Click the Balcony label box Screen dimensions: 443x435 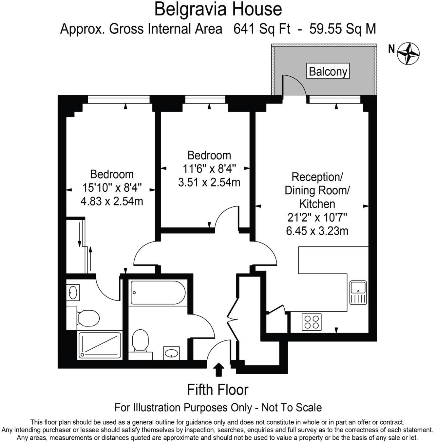pyautogui.click(x=328, y=71)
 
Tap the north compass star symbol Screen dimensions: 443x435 pyautogui.click(x=408, y=53)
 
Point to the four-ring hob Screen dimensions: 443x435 pyautogui.click(x=312, y=322)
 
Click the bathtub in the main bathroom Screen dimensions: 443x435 pyautogui.click(x=158, y=293)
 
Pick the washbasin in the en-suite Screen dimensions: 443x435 pyautogui.click(x=73, y=292)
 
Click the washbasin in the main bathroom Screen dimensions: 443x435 pyautogui.click(x=171, y=353)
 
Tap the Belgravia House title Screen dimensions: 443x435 pyautogui.click(x=218, y=9)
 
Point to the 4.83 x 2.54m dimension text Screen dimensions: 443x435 pyautogui.click(x=112, y=201)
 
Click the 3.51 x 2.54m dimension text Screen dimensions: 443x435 pyautogui.click(x=209, y=182)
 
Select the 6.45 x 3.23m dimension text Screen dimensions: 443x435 pyautogui.click(x=317, y=231)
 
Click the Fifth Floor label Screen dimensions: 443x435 pyautogui.click(x=217, y=390)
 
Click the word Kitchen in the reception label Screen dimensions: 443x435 pyautogui.click(x=317, y=204)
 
